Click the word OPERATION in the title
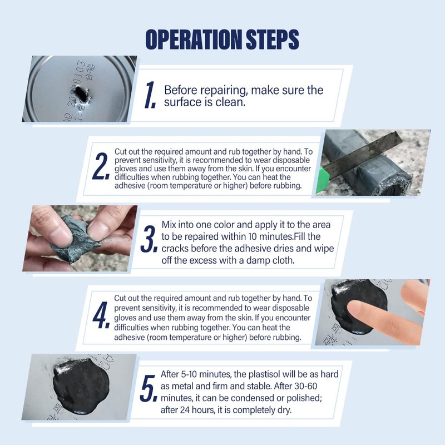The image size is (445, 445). tap(194, 39)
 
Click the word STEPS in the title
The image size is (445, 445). tap(273, 39)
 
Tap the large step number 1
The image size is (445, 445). tap(150, 95)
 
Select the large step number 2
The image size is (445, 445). tap(101, 166)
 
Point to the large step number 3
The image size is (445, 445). tap(149, 239)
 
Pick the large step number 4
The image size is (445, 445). tap(101, 315)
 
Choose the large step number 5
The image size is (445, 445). tap(149, 388)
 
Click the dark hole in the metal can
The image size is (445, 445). tap(81, 94)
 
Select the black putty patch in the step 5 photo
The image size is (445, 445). tap(81, 386)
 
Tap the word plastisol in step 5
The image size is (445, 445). tap(265, 374)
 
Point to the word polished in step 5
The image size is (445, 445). tap(304, 398)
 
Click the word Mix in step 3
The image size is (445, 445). tap(169, 225)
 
